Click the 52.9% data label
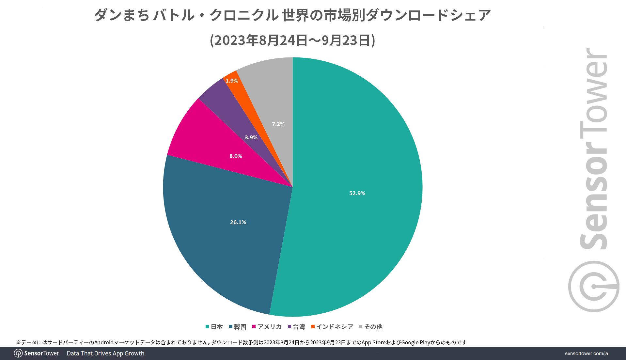click(x=357, y=193)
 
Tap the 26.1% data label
click(x=238, y=222)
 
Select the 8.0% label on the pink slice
click(x=236, y=156)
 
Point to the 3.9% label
click(x=251, y=137)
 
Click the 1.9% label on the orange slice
click(x=232, y=81)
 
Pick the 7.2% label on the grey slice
click(x=278, y=124)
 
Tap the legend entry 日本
click(x=214, y=327)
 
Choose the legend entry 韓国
click(x=238, y=327)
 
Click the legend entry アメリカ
click(x=267, y=327)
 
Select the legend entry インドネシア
click(x=332, y=327)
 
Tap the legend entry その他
click(x=371, y=327)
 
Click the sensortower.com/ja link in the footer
click(x=586, y=353)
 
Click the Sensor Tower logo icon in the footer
click(x=18, y=353)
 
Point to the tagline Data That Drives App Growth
click(x=105, y=353)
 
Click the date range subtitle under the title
click(x=292, y=40)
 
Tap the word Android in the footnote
click(x=104, y=342)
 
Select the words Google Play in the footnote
click(x=415, y=342)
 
